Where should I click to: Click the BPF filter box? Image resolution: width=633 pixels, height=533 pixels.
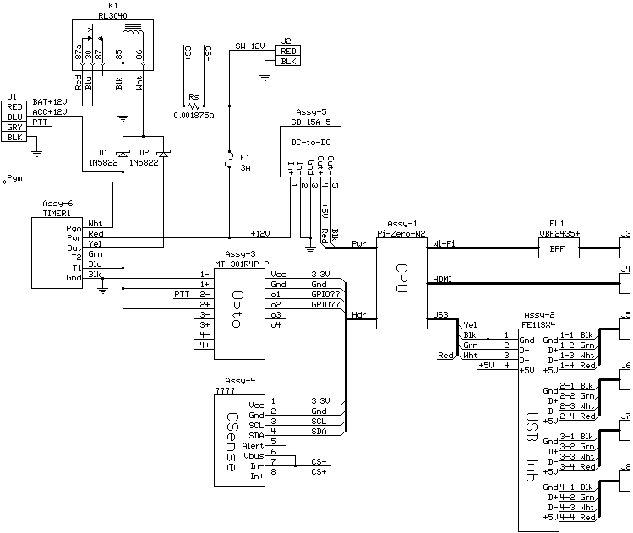point(559,248)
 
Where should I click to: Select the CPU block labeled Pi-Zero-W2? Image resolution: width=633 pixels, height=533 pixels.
point(401,283)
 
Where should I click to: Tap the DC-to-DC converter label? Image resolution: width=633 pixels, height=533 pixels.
point(310,143)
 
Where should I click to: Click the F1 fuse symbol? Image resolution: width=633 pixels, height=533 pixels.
point(229,159)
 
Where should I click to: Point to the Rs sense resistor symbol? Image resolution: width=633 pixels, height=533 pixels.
point(194,106)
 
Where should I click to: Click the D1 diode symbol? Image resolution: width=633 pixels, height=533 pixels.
point(123,154)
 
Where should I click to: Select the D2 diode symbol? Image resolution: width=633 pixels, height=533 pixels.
point(163,154)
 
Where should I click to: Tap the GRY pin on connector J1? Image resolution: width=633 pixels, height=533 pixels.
point(14,127)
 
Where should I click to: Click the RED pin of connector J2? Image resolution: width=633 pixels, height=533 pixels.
point(288,52)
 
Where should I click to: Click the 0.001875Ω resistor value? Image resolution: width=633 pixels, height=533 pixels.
point(194,116)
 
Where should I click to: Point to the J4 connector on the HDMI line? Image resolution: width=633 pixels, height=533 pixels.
point(625,283)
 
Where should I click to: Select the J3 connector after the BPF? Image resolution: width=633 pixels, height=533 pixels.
point(625,247)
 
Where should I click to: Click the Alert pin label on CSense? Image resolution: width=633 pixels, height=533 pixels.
point(253,446)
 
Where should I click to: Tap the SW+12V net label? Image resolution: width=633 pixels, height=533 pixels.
point(250,46)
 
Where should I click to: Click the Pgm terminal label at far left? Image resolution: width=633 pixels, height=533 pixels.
point(14,178)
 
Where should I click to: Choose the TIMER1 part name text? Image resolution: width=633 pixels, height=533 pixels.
point(57,214)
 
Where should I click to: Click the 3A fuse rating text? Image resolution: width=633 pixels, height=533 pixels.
point(245,167)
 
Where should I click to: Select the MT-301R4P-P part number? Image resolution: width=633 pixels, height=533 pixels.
point(242,264)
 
